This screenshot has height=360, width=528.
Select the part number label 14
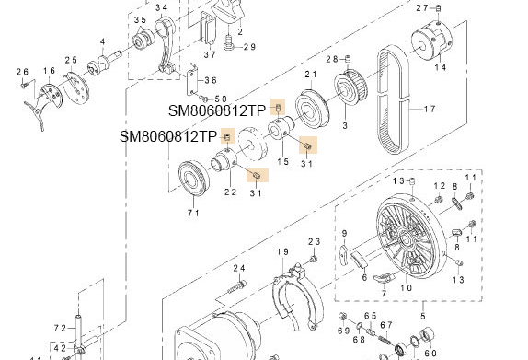tap(440, 67)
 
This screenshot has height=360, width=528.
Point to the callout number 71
tap(193, 213)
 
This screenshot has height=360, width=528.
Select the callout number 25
tap(71, 60)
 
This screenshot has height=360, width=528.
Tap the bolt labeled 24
tap(237, 287)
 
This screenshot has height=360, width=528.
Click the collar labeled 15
tap(281, 130)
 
